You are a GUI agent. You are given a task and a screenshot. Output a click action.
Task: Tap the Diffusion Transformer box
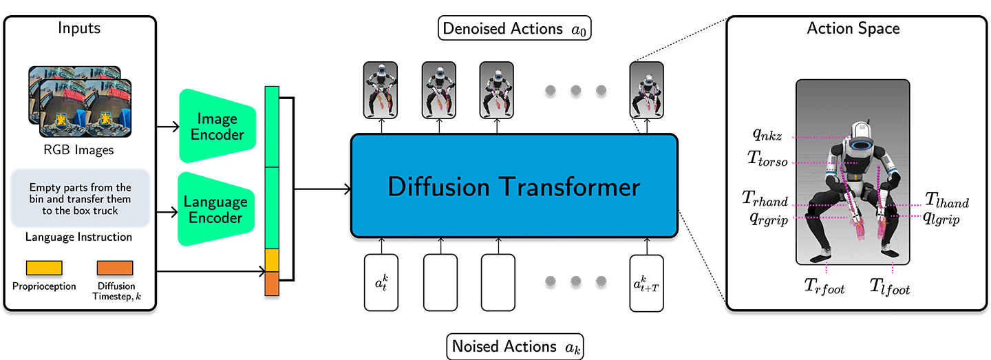point(514,187)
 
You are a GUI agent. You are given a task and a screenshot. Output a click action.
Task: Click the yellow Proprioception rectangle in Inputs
point(44,268)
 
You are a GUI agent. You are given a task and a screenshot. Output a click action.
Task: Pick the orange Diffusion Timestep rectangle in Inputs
point(115,268)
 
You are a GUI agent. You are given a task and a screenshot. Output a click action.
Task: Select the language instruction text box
point(80,199)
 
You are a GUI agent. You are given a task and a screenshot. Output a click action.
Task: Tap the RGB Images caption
point(80,149)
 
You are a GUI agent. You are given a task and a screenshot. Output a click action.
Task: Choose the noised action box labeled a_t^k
point(381,282)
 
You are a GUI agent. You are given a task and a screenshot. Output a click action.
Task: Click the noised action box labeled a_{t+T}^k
point(646,282)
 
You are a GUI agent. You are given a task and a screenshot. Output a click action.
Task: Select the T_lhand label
point(946,200)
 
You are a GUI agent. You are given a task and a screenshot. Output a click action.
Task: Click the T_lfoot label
point(889,286)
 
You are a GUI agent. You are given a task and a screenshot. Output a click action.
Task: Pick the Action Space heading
point(853,29)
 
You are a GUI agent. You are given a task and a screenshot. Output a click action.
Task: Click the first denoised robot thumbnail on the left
point(381,89)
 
